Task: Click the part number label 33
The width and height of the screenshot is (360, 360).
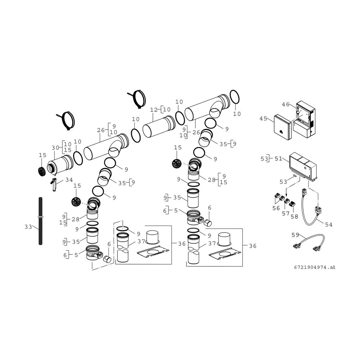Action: point(28,227)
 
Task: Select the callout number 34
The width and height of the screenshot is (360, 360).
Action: point(69,180)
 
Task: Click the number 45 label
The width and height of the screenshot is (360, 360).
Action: point(264,118)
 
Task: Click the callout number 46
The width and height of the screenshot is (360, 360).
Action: point(286,104)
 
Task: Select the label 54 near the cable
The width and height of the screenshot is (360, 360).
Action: point(329,225)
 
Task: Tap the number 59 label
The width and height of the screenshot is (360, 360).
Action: point(295,235)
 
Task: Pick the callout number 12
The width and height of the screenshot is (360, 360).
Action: point(154,110)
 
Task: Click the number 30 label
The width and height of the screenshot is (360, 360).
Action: point(55,148)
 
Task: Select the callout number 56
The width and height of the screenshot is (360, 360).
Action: point(276,208)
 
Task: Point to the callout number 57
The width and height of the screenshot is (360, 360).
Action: point(285,213)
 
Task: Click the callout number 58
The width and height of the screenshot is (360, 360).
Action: point(294,216)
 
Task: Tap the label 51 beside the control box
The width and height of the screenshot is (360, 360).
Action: point(279,159)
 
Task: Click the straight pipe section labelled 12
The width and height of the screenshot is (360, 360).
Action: point(159,127)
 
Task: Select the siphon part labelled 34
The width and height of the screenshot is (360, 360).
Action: point(53,184)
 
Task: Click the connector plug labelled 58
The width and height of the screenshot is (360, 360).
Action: point(292,203)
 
